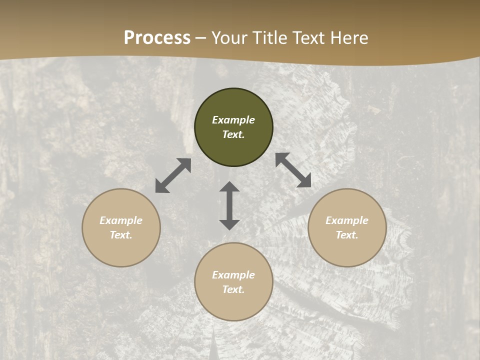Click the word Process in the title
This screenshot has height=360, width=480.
point(157,38)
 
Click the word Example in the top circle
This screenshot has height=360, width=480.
point(233,120)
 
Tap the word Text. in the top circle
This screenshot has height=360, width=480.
point(233,134)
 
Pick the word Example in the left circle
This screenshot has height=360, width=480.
point(121,220)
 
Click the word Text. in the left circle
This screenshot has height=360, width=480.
point(121,235)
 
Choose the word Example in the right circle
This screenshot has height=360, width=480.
point(347,220)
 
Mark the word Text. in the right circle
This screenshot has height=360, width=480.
point(347,235)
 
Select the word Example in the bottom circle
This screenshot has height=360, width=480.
point(233,275)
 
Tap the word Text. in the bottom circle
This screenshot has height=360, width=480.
point(233,289)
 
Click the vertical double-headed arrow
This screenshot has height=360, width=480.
point(229,205)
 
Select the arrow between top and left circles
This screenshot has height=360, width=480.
point(173,175)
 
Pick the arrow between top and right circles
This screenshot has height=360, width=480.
point(293,170)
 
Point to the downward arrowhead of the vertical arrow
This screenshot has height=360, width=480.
point(229,224)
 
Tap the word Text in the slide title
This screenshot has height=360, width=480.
point(308,38)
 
